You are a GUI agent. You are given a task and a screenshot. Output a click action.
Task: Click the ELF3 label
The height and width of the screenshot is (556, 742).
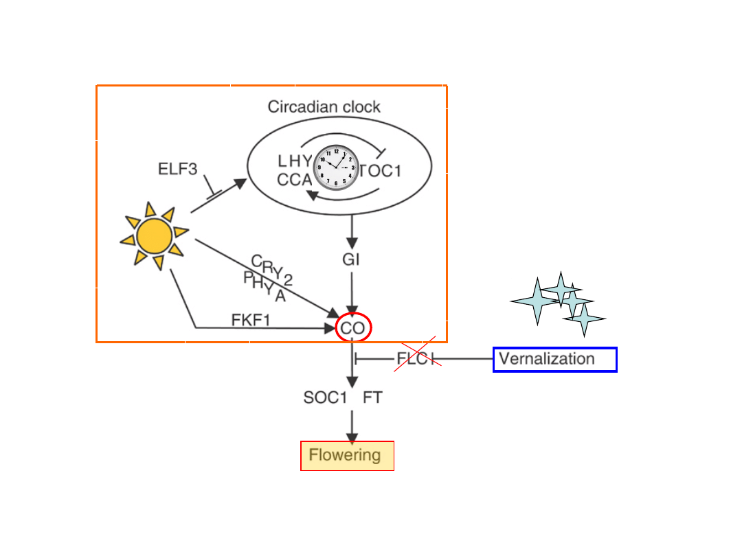178,169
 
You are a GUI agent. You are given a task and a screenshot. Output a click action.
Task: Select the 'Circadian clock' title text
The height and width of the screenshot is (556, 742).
324,106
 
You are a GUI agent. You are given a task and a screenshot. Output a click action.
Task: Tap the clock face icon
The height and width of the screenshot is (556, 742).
337,167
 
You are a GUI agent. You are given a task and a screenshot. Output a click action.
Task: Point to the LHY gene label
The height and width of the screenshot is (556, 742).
295,161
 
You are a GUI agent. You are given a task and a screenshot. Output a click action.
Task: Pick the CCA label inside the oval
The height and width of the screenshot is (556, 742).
295,180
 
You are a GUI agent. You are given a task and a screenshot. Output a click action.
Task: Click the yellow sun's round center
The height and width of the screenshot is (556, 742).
154,237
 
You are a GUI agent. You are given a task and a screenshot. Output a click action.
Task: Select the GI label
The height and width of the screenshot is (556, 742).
351,260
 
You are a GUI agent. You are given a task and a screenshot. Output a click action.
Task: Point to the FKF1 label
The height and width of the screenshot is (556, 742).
250,319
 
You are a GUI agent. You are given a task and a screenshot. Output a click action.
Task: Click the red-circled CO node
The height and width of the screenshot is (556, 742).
353,328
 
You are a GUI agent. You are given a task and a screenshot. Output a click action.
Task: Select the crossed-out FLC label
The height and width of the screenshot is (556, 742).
415,358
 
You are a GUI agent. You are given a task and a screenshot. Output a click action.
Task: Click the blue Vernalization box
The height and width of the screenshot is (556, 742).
554,359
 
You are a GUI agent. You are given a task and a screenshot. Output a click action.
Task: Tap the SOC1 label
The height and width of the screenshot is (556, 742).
324,398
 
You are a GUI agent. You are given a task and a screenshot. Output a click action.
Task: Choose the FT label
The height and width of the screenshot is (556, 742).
372,398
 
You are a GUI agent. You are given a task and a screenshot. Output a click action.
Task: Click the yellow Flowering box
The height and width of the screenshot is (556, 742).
347,455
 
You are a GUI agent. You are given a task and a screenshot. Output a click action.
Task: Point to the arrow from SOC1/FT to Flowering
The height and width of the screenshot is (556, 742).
352,426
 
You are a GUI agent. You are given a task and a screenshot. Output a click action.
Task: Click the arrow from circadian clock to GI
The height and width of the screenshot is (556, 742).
352,233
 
